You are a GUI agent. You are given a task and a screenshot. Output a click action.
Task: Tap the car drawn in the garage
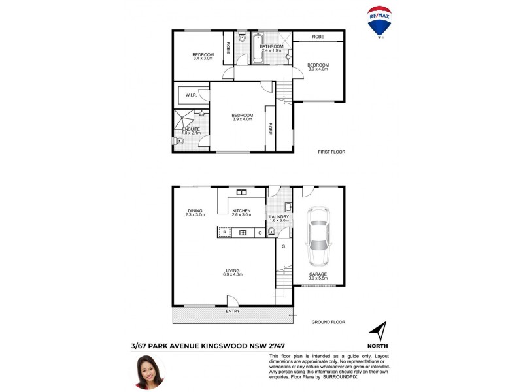point(318,233)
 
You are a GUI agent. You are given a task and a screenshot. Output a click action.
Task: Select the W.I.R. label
point(191,95)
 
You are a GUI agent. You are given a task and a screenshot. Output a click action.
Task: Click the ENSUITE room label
point(191,129)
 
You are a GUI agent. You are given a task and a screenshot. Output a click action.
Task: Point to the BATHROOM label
point(271,47)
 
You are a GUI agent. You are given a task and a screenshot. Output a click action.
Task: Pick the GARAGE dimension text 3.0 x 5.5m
point(318,278)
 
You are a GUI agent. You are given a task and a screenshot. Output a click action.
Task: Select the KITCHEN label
point(242,210)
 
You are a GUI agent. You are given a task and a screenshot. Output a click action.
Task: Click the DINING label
point(195,210)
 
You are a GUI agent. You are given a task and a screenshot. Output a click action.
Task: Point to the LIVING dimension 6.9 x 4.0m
point(232,274)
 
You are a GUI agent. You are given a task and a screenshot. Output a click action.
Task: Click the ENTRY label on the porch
point(232,311)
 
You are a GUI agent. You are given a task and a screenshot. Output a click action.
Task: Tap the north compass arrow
point(378,331)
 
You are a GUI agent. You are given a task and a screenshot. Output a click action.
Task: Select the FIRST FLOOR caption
point(331,152)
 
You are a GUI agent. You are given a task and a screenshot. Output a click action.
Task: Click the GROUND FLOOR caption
point(329,322)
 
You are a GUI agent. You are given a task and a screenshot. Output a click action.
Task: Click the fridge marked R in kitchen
point(224,232)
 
